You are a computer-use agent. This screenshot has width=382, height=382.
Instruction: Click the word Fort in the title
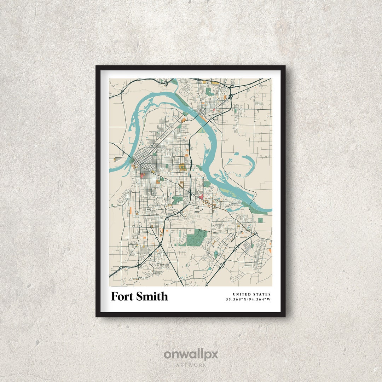pyautogui.click(x=122, y=296)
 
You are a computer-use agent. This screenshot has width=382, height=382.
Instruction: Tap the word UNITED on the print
pyautogui.click(x=241, y=294)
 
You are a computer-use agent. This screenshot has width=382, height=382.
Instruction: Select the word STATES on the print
pyautogui.click(x=262, y=294)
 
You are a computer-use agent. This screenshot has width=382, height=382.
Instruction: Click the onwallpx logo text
pyautogui.click(x=191, y=354)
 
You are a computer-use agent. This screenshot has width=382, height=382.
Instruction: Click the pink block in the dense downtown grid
pyautogui.click(x=142, y=175)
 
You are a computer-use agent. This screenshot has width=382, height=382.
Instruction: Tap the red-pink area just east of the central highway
pyautogui.click(x=201, y=197)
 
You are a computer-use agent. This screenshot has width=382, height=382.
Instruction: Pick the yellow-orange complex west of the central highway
pyautogui.click(x=183, y=167)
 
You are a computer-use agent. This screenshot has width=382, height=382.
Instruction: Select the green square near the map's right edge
pyautogui.click(x=260, y=220)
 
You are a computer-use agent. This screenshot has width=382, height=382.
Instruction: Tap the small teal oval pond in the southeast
pyautogui.click(x=216, y=254)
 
